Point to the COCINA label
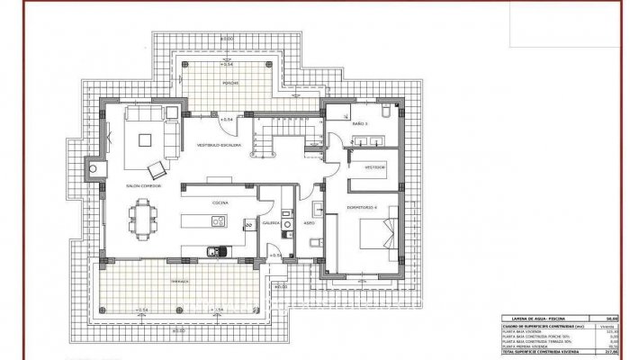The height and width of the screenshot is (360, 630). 219,203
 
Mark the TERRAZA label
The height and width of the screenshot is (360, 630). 181,280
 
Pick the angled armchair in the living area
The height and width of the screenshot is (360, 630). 157,169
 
